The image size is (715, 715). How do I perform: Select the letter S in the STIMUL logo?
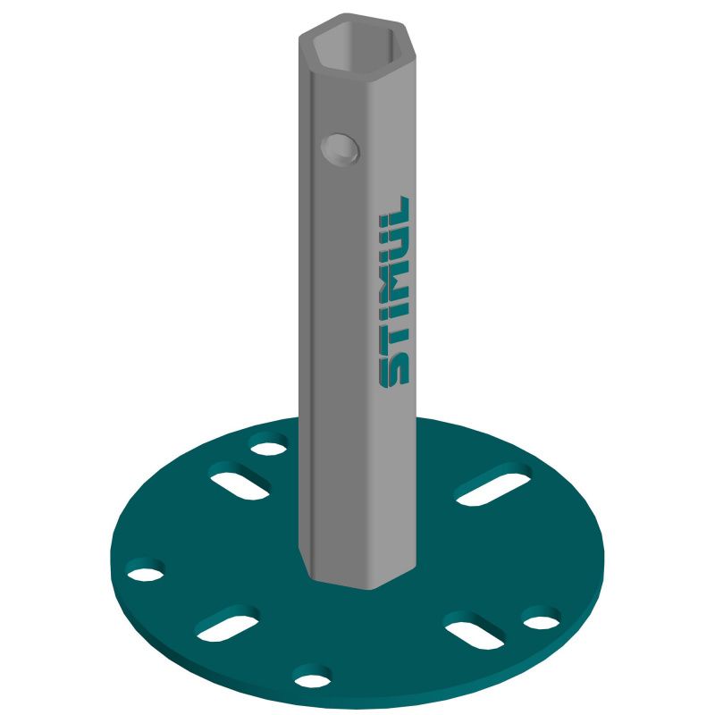[x=393, y=370]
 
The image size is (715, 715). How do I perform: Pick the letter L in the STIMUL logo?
[x=396, y=211]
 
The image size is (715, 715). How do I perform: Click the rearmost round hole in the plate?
[x=269, y=445]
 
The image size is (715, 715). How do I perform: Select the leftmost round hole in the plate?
[x=146, y=570]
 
